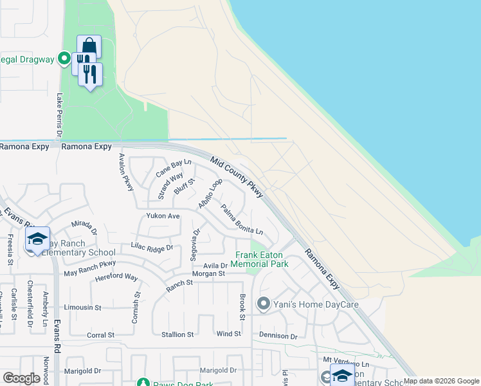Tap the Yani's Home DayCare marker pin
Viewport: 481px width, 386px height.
(263, 303)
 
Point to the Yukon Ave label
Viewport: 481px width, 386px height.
(163, 216)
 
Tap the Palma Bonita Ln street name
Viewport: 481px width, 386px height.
(242, 219)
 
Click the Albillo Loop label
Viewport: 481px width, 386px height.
(210, 193)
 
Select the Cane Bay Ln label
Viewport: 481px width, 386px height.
(174, 169)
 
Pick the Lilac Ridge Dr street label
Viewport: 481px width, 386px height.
(152, 247)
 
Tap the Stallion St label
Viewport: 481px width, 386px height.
(177, 335)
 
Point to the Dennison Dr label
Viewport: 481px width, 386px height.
(278, 336)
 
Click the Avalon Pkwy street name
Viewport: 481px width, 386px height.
(126, 172)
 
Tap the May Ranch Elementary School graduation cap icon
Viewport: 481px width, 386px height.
(38, 239)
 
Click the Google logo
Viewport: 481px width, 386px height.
(21, 378)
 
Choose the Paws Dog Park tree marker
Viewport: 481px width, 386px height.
(143, 383)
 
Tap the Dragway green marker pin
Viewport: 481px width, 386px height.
(64, 59)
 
